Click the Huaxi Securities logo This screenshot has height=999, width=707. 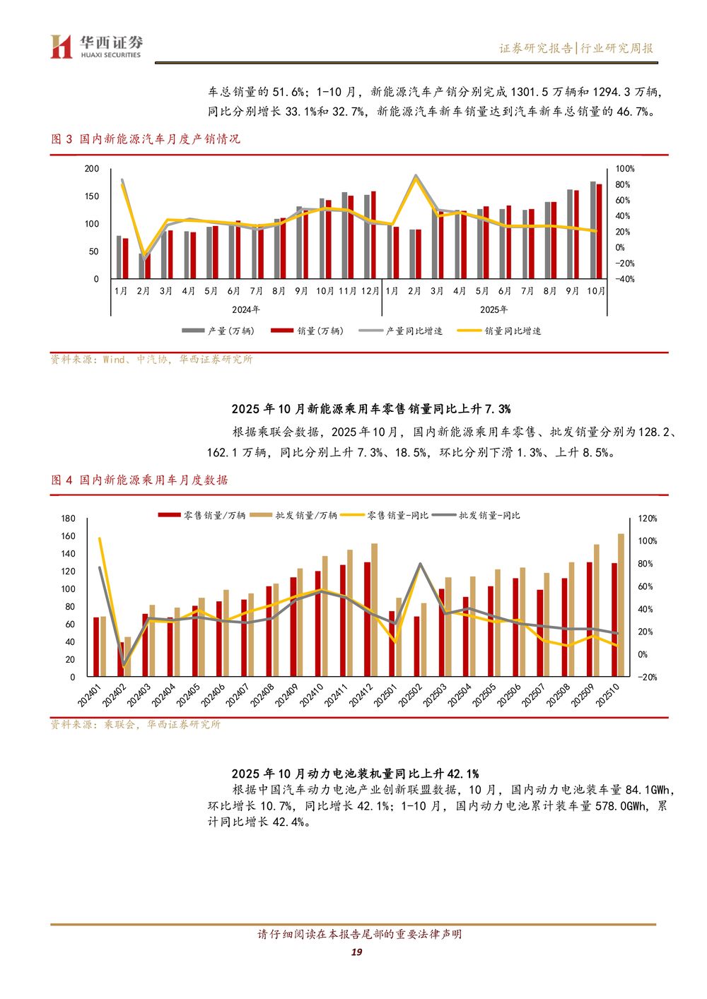pos(96,47)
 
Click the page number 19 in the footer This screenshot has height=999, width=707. pos(356,952)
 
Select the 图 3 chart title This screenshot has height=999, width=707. pos(146,139)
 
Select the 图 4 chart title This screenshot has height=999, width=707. pos(139,480)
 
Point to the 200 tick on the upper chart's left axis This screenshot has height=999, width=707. pos(92,169)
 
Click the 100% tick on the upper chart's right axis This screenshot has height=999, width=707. pos(625,169)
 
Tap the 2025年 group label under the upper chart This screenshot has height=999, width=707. pos(493,309)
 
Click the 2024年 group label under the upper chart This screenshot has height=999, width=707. pos(246,309)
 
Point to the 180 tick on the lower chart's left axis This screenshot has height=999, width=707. pos(68,519)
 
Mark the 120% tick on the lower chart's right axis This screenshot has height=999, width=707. pos(648,519)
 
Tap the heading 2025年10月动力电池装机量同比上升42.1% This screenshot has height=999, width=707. pos(355,774)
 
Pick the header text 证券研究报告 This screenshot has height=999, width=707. pos(536,48)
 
